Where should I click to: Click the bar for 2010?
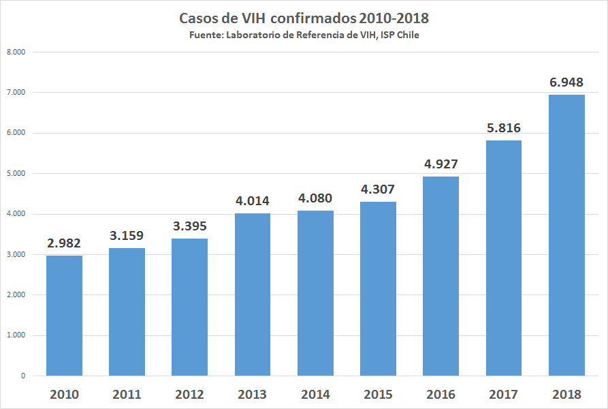(x=64, y=316)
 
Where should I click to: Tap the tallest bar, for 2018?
(x=566, y=235)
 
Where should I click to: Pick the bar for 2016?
(x=441, y=276)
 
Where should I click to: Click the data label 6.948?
(x=566, y=82)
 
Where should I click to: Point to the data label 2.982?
(x=64, y=243)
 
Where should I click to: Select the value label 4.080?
(x=315, y=200)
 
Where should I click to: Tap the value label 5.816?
(x=504, y=129)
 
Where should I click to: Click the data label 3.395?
(x=189, y=226)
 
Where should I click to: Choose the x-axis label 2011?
(x=127, y=395)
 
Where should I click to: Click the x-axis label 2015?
(x=378, y=395)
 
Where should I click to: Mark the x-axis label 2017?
(x=504, y=395)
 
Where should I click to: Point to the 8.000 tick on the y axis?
(x=14, y=52)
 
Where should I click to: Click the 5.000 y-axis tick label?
(x=14, y=173)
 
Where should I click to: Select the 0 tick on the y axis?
(x=22, y=376)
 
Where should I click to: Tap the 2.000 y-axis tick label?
(x=14, y=294)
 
